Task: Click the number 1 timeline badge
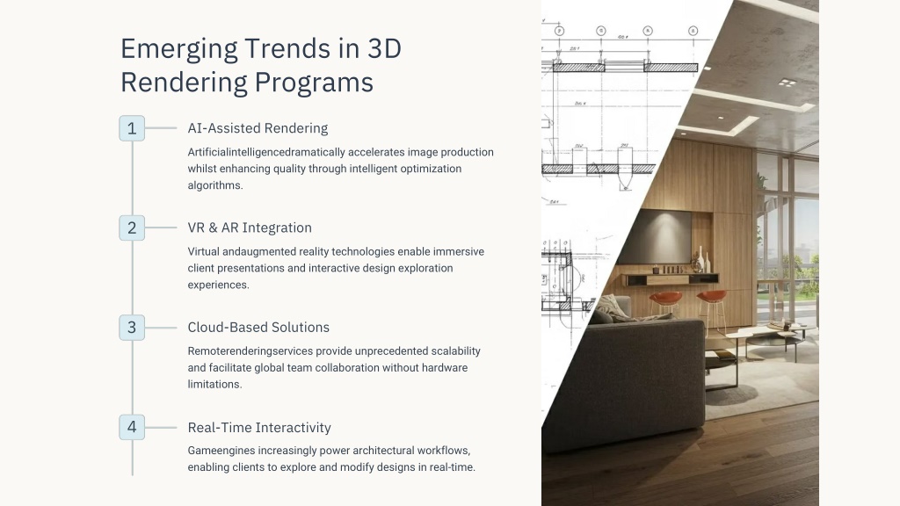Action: (x=132, y=128)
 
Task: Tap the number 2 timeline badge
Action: (x=132, y=228)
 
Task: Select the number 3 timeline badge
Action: (x=132, y=328)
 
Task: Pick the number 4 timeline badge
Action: (x=132, y=428)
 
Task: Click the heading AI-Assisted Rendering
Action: (x=258, y=128)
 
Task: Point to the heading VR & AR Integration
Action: (x=250, y=228)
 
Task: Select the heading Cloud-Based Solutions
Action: (x=258, y=328)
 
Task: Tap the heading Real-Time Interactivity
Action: (x=259, y=428)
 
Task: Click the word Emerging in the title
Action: (x=179, y=50)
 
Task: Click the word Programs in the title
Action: (x=314, y=83)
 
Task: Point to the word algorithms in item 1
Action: (x=215, y=185)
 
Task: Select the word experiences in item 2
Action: (x=218, y=286)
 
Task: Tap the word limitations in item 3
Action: (x=214, y=385)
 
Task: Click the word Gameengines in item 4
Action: (x=216, y=451)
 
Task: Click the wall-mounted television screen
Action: (x=656, y=235)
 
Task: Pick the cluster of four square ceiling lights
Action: (x=787, y=83)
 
